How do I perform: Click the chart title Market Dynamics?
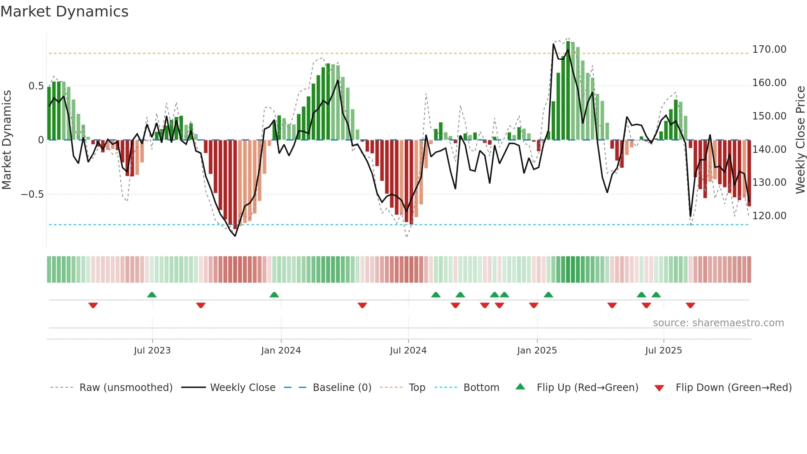tap(64, 12)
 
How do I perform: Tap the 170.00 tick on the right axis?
tap(769, 49)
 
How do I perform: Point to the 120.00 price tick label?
tap(769, 216)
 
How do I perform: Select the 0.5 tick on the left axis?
tap(36, 86)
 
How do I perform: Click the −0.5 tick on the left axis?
tap(33, 194)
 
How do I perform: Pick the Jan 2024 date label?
tap(281, 351)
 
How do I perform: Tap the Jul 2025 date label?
tap(663, 351)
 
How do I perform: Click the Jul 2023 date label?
tap(152, 351)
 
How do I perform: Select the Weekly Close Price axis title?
tap(800, 140)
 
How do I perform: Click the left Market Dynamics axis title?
tap(7, 140)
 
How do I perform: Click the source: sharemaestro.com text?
tap(718, 323)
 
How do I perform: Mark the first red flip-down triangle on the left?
tap(93, 305)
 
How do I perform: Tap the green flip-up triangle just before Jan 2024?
tap(274, 295)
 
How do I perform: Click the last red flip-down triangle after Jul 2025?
tap(690, 305)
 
